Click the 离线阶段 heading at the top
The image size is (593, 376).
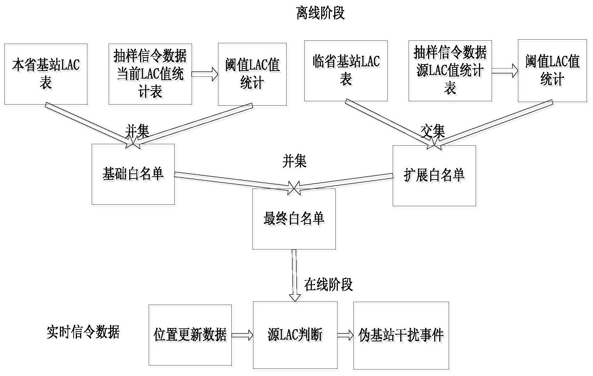click(320, 13)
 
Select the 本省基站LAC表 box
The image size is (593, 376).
click(46, 74)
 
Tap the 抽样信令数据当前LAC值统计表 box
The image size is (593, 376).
click(150, 74)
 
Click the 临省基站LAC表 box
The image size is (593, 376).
click(346, 71)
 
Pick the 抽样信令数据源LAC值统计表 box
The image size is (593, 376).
click(450, 71)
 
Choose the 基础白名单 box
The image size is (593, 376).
click(133, 174)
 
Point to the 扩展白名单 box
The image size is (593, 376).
click(434, 176)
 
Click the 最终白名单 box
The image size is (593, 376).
click(294, 219)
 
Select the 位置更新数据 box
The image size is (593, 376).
click(190, 335)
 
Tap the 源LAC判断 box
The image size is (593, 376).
click(295, 335)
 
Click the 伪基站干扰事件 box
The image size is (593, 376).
click(401, 335)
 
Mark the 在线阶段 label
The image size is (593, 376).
click(328, 284)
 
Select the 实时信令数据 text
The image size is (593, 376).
click(83, 332)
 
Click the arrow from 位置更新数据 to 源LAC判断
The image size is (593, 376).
click(242, 335)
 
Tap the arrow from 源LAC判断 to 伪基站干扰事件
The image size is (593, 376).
click(345, 335)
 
